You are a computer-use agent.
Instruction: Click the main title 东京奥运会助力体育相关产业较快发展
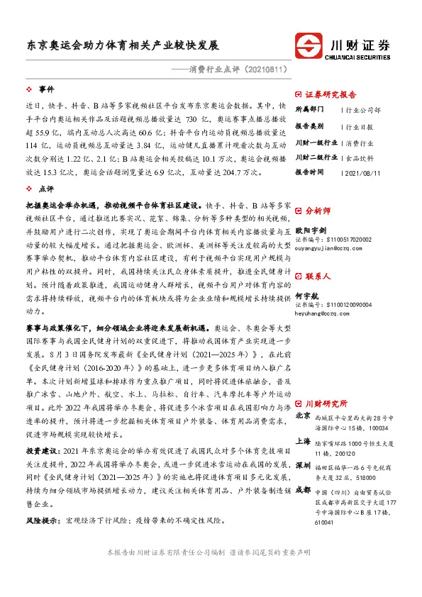(x=123, y=44)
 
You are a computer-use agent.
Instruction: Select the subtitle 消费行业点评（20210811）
(x=237, y=69)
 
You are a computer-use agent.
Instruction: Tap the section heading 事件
(x=47, y=89)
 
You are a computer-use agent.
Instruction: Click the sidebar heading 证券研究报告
(x=331, y=94)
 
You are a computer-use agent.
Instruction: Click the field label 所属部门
(x=309, y=110)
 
